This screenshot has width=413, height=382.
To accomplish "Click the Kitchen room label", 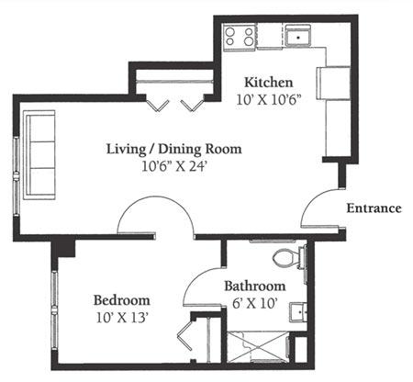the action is pyautogui.click(x=269, y=83).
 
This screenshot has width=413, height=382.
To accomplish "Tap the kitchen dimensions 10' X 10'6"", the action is pyautogui.click(x=269, y=100).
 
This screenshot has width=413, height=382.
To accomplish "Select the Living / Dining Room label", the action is pyautogui.click(x=174, y=149).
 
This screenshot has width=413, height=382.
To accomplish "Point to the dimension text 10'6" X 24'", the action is pyautogui.click(x=175, y=167).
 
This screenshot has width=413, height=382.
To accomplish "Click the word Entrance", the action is pyautogui.click(x=374, y=208).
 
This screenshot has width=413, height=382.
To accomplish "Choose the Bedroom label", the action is pyautogui.click(x=122, y=300).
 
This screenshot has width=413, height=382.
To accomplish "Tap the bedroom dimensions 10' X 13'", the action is pyautogui.click(x=122, y=318).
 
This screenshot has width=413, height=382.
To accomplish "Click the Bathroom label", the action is pyautogui.click(x=255, y=286).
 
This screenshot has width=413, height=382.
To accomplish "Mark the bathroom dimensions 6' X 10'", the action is pyautogui.click(x=254, y=304).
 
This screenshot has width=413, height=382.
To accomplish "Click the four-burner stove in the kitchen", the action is pyautogui.click(x=240, y=37).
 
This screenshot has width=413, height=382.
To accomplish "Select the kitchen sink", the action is pyautogui.click(x=298, y=36).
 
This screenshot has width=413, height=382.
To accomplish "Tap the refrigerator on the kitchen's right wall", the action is pyautogui.click(x=333, y=83).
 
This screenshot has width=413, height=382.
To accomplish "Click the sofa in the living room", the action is pyautogui.click(x=39, y=155).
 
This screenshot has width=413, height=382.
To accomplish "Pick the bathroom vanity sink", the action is pyautogui.click(x=298, y=312).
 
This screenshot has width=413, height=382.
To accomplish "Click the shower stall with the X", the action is pyautogui.click(x=258, y=346).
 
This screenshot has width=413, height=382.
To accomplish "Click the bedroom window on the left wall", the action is pyautogui.click(x=54, y=309).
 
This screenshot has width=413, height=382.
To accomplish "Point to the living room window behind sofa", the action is pyautogui.click(x=17, y=176).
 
